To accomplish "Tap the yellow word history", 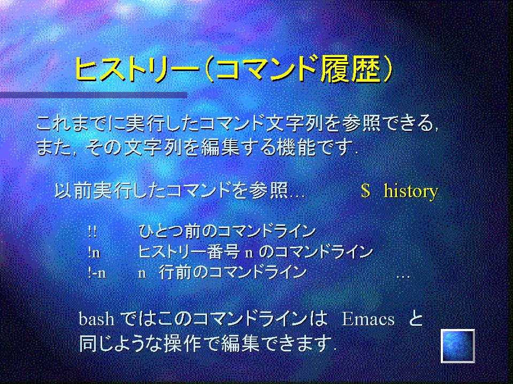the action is point(411,191).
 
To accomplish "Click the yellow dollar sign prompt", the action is point(365,191).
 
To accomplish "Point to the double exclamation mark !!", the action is point(92,231).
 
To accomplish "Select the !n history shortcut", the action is point(94,252).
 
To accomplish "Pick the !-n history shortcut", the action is point(97,273).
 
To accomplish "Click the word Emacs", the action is point(367,319).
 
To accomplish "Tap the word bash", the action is point(96,319).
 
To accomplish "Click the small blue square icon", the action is point(458,346).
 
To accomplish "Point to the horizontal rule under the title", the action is point(94,95).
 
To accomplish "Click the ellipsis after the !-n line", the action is point(403,277).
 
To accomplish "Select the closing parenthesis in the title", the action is point(387,69).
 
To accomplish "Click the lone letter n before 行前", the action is point(142,273).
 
